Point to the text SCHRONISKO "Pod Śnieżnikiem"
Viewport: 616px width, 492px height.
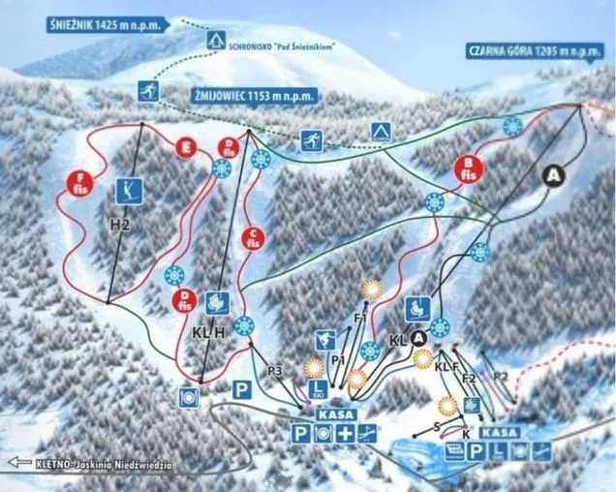[x=282, y=46]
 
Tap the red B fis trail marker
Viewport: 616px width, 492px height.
[x=468, y=170]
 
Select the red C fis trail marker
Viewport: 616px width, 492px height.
[x=253, y=237]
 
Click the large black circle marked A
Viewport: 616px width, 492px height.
[x=553, y=175]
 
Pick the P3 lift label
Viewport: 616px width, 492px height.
[x=274, y=370]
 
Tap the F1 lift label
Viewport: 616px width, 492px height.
[x=360, y=318]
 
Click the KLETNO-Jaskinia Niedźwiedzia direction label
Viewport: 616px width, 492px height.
[x=91, y=464]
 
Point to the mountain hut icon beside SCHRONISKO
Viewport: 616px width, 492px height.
[x=214, y=40]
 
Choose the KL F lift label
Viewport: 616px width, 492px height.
[x=446, y=367]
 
